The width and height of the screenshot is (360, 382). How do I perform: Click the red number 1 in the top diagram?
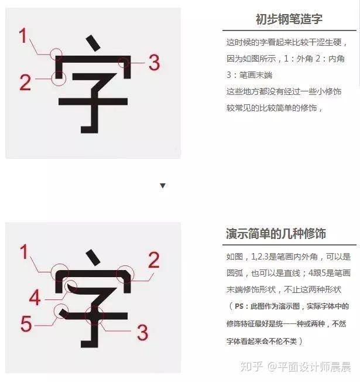[x=23, y=35]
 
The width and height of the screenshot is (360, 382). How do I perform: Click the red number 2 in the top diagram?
[x=25, y=82]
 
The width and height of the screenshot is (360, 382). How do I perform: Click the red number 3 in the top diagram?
[x=154, y=62]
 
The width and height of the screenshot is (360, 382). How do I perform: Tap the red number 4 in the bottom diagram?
[x=35, y=297]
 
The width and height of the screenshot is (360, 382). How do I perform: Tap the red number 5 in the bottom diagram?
[x=26, y=323]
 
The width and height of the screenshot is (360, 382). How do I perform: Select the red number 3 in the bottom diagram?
[x=142, y=332]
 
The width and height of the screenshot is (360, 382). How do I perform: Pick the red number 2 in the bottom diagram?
[x=154, y=260]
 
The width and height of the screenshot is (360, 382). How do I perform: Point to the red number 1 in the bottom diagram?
[x=24, y=252]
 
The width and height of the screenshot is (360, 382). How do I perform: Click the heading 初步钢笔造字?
[x=289, y=19]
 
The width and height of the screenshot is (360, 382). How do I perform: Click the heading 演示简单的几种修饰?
[x=276, y=234]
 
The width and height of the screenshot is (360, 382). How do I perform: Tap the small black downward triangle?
[x=163, y=186]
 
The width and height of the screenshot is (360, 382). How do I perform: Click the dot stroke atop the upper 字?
[x=93, y=43]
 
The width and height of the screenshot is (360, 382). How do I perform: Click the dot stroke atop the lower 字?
[x=93, y=258]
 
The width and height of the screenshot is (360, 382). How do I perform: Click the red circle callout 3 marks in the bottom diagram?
[x=85, y=316]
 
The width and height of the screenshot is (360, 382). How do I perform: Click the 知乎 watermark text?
[x=252, y=366]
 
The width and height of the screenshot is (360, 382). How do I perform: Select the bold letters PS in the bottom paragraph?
[x=239, y=306]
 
